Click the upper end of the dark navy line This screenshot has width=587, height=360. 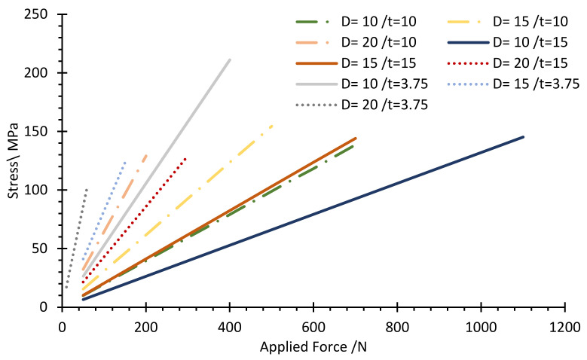click(x=523, y=137)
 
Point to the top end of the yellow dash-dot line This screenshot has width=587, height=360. click(x=272, y=125)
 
